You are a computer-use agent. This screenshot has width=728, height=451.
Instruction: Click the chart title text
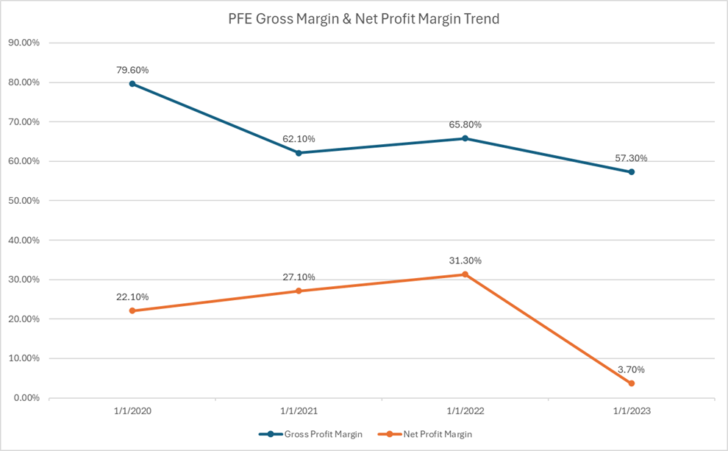tap(363, 20)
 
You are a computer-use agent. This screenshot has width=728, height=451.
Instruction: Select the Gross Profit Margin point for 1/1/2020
tap(132, 84)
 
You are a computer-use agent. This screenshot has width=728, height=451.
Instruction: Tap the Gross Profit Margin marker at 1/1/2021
tap(299, 153)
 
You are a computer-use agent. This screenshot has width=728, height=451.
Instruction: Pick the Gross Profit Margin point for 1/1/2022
tap(465, 138)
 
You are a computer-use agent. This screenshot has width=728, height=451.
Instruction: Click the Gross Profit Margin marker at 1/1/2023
tap(632, 172)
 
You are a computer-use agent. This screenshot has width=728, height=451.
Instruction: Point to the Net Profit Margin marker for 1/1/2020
tap(132, 310)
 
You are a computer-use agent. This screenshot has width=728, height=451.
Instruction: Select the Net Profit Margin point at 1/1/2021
tap(299, 291)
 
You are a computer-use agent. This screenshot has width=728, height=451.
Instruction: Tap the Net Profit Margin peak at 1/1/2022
tap(465, 274)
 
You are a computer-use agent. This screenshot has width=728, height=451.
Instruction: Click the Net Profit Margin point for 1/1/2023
tap(632, 383)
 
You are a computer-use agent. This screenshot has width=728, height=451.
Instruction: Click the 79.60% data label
tap(132, 70)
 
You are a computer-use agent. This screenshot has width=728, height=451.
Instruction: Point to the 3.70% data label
tap(632, 369)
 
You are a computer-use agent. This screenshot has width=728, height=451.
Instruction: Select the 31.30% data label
tap(465, 260)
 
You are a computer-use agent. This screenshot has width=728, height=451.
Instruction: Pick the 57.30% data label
tap(632, 158)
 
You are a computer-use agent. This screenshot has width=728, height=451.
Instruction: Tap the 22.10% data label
tap(132, 296)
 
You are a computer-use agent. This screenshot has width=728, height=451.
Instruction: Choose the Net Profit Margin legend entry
tap(434, 434)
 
